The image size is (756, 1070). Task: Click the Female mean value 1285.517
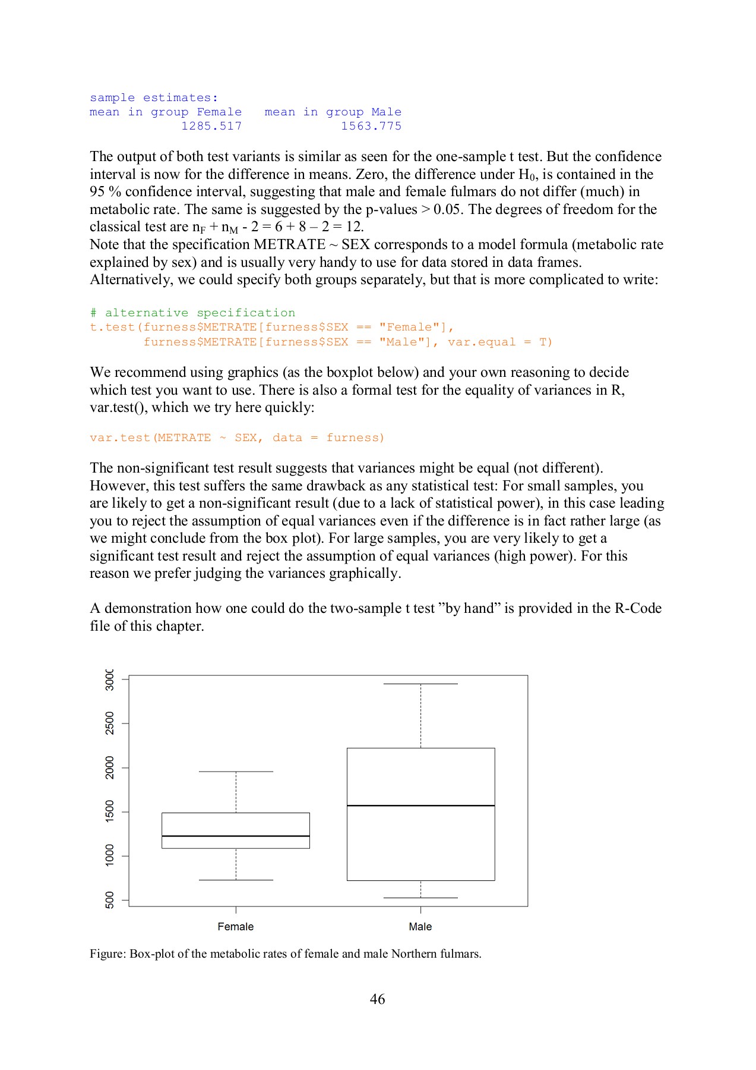click(211, 126)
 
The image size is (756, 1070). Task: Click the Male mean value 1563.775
click(371, 126)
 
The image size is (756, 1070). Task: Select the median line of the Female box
click(236, 836)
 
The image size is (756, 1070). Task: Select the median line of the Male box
click(420, 805)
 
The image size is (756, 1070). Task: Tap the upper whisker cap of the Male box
click(420, 684)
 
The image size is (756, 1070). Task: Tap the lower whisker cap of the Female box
click(236, 880)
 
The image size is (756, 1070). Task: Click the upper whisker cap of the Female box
click(236, 772)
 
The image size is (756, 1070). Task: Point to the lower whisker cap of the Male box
click(420, 898)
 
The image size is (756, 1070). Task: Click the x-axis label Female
click(236, 927)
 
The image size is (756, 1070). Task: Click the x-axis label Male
click(420, 927)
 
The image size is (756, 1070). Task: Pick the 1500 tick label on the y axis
click(109, 811)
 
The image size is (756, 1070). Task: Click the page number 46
click(377, 999)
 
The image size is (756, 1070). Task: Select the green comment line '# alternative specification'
click(192, 313)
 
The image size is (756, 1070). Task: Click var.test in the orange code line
click(121, 438)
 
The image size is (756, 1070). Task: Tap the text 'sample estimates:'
click(154, 97)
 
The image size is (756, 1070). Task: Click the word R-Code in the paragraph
click(638, 608)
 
